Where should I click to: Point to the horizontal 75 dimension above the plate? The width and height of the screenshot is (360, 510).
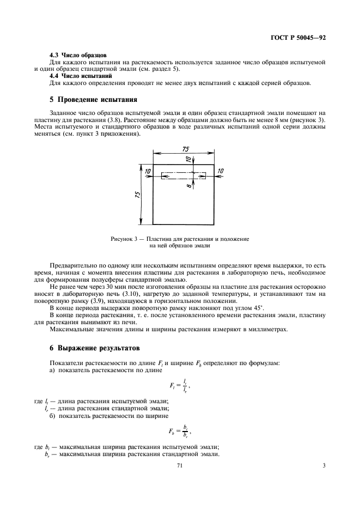(x=185, y=150)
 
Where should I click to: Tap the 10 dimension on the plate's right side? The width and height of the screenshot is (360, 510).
(x=221, y=171)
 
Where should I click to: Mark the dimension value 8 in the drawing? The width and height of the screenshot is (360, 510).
(x=188, y=185)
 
